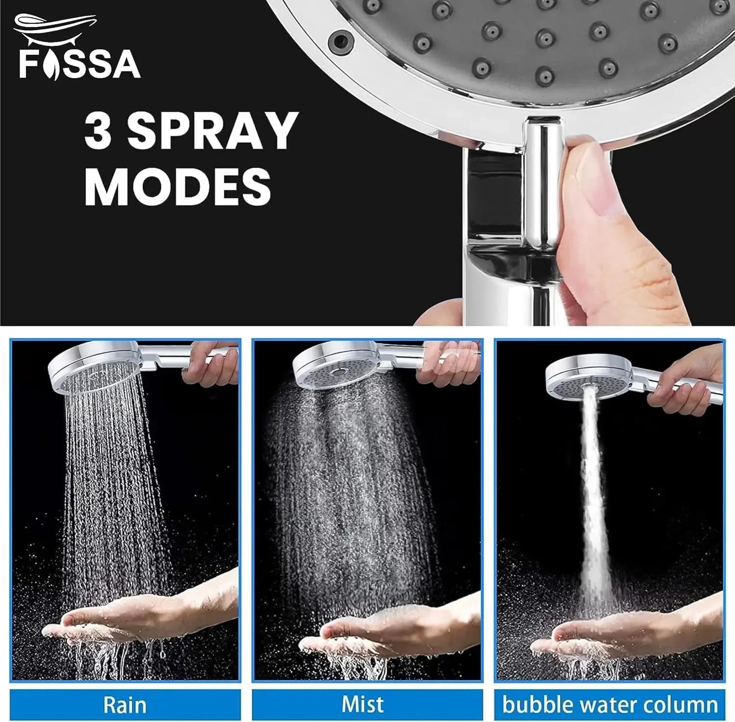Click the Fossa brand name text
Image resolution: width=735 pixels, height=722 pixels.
pos(79,64)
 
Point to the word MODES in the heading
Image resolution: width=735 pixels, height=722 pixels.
pos(177,187)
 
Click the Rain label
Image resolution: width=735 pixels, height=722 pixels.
pos(124,705)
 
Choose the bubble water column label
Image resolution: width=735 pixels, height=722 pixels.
pos(610,705)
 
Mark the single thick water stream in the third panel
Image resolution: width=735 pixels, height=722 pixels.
pos(593,490)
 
